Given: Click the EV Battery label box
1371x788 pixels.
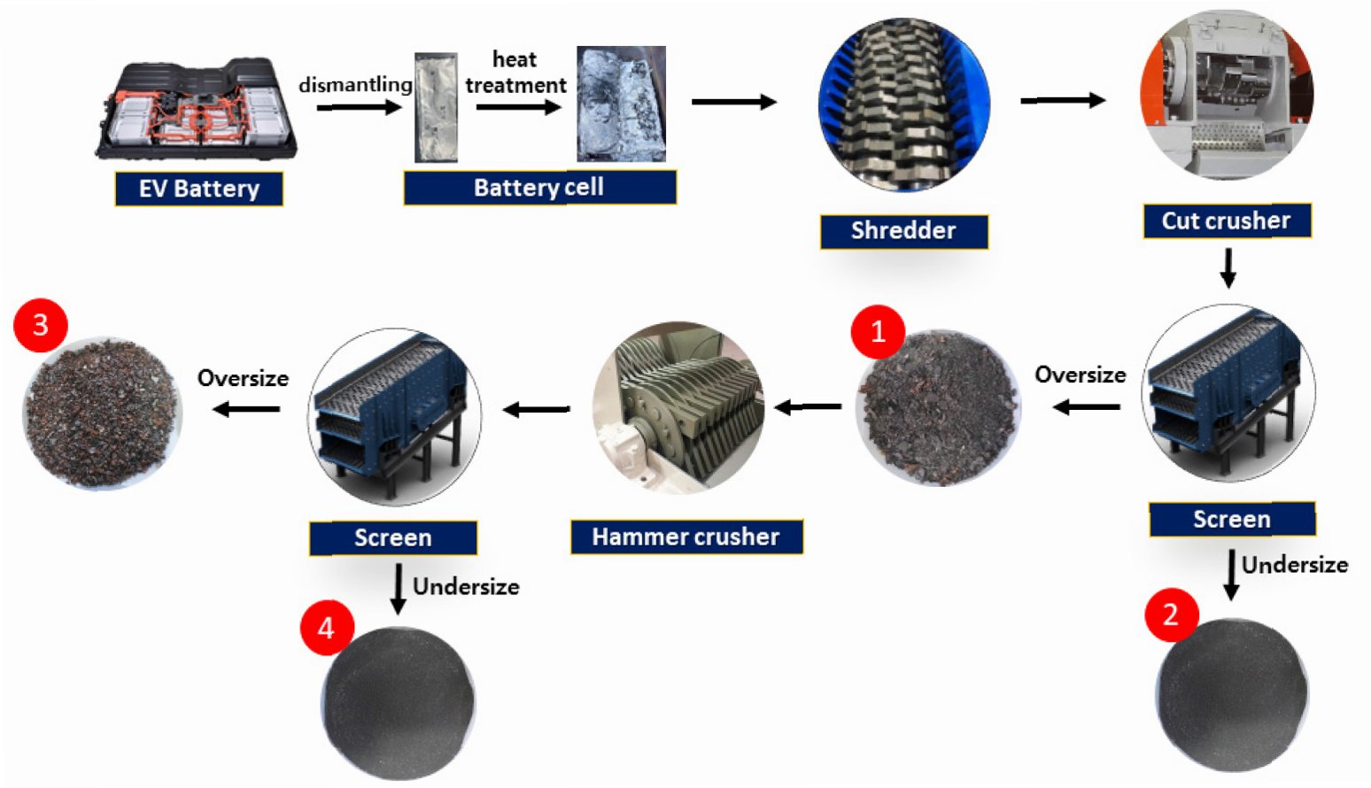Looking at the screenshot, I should [x=198, y=189].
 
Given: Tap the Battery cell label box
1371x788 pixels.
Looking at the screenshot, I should [x=539, y=188].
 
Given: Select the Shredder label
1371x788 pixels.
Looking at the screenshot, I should [x=903, y=231].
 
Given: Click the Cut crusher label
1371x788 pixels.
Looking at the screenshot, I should [x=1226, y=220].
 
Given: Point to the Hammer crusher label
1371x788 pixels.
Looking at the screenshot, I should [x=685, y=537].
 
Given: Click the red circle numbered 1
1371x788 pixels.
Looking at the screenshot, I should [x=878, y=332].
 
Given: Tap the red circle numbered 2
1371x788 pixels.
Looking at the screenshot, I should [x=1171, y=614].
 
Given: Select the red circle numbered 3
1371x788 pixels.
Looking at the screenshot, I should [x=41, y=325].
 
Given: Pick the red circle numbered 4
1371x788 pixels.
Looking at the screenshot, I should [x=326, y=628].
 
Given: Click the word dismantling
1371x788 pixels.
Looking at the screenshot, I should [x=355, y=85].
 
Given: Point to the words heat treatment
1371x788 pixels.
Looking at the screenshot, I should [x=515, y=73].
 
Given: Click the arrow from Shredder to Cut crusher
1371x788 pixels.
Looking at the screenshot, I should [x=1062, y=100].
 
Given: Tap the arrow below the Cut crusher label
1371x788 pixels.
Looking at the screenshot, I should [x=1228, y=267].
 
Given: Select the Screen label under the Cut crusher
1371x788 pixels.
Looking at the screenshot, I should [x=1231, y=519].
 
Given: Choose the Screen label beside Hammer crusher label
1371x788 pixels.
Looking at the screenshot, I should [x=392, y=537].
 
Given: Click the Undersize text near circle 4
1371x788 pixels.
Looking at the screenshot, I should [x=466, y=587].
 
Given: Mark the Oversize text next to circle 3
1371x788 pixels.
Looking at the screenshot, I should [x=243, y=379].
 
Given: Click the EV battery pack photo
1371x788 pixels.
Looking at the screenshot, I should [x=197, y=110].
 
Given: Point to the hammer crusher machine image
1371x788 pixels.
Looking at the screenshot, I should [x=678, y=408].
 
